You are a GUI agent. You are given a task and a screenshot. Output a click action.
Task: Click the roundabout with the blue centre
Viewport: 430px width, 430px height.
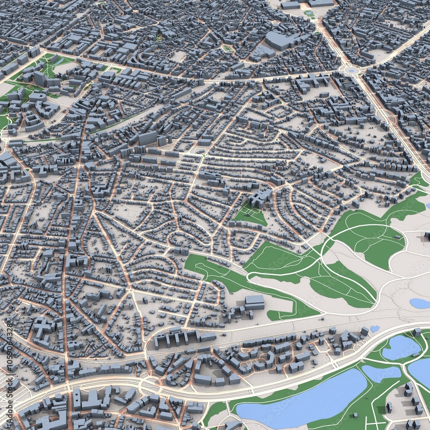click(x=351, y=70)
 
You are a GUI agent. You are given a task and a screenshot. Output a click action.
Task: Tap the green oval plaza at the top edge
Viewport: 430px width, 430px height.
click(x=309, y=13)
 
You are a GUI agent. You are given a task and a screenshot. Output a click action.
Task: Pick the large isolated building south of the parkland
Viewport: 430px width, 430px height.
click(x=255, y=302)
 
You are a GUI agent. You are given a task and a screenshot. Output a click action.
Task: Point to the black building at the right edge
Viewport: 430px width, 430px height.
click(x=427, y=236)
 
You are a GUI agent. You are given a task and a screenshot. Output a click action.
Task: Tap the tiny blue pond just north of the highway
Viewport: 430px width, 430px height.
click(x=375, y=329)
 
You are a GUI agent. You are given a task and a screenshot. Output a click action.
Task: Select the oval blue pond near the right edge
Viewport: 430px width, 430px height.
click(x=420, y=303)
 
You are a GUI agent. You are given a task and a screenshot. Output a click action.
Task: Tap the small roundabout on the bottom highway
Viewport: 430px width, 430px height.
click(x=146, y=381)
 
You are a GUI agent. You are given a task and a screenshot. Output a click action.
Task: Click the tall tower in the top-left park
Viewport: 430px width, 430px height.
click(x=40, y=78)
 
